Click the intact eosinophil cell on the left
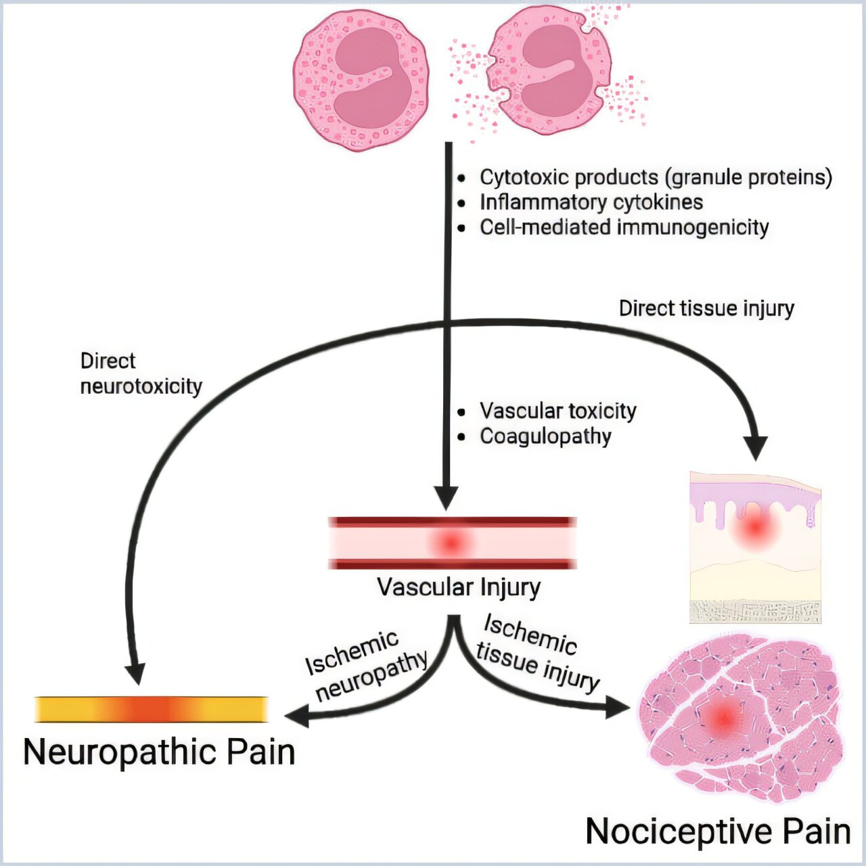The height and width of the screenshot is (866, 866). (x=361, y=80)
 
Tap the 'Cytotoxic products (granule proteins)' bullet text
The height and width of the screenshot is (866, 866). (x=656, y=177)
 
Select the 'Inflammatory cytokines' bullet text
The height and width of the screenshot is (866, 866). (x=591, y=202)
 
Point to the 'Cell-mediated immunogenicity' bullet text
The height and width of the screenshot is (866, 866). (x=624, y=227)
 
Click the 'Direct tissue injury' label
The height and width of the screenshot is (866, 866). (x=706, y=309)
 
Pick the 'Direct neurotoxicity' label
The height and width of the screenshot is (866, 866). (x=141, y=373)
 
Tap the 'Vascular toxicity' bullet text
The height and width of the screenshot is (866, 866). (x=558, y=411)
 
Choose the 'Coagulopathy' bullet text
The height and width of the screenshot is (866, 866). (x=545, y=436)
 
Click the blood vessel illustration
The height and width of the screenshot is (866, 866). (x=452, y=543)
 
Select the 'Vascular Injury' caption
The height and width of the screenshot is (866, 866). (x=459, y=587)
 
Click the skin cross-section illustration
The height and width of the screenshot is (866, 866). (x=755, y=547)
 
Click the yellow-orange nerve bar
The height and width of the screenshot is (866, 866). (x=152, y=709)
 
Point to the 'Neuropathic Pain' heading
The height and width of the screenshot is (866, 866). (x=159, y=752)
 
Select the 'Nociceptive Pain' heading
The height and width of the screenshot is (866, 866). (x=718, y=831)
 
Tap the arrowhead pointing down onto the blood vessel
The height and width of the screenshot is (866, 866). (x=446, y=498)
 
